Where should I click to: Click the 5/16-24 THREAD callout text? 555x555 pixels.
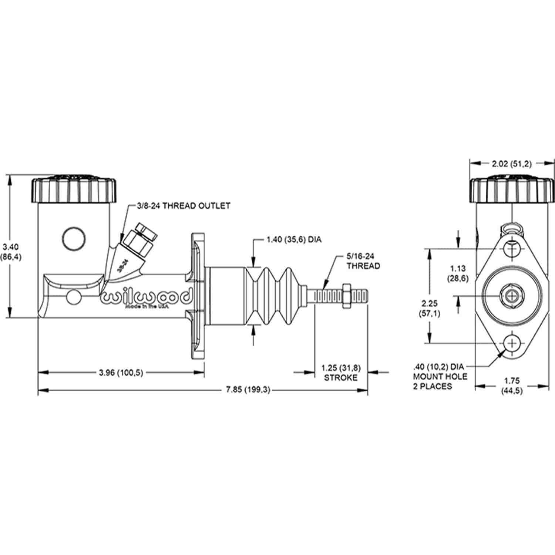[363, 261]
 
